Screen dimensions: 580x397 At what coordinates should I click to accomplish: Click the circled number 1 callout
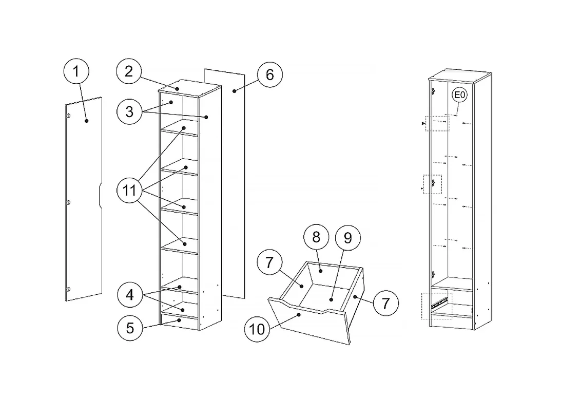pyautogui.click(x=76, y=71)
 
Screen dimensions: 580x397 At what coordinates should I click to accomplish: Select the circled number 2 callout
pyautogui.click(x=129, y=71)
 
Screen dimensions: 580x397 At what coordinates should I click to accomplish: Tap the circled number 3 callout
pyautogui.click(x=129, y=111)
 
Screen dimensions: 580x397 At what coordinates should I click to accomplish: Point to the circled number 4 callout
pyautogui.click(x=130, y=295)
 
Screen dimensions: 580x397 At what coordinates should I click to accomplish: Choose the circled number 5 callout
pyautogui.click(x=130, y=328)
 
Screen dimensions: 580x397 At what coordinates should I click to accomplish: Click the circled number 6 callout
pyautogui.click(x=269, y=75)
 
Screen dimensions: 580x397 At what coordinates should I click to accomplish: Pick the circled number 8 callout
pyautogui.click(x=316, y=237)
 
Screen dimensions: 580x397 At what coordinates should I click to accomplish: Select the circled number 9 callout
pyautogui.click(x=347, y=238)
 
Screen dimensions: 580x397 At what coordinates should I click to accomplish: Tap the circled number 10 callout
pyautogui.click(x=258, y=329)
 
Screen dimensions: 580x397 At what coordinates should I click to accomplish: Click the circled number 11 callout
pyautogui.click(x=129, y=191)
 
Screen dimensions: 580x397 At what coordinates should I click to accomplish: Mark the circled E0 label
pyautogui.click(x=459, y=95)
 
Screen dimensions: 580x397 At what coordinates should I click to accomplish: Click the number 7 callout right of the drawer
pyautogui.click(x=386, y=304)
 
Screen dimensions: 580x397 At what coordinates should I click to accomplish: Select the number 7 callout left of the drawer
pyautogui.click(x=269, y=262)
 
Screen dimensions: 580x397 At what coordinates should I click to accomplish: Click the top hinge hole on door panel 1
pyautogui.click(x=69, y=116)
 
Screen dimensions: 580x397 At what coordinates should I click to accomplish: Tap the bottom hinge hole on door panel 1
pyautogui.click(x=68, y=289)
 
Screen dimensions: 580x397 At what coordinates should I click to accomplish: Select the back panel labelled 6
pyautogui.click(x=224, y=183)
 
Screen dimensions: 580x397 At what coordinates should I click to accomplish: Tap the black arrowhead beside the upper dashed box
pyautogui.click(x=423, y=124)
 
